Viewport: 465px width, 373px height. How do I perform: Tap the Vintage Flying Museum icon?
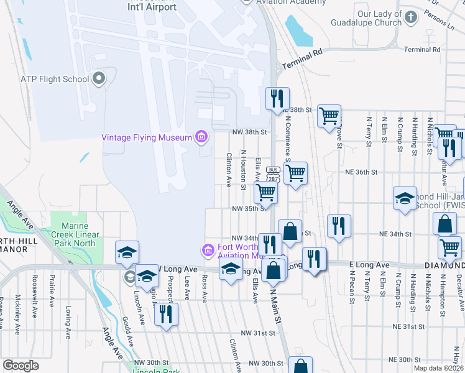[x=201, y=137]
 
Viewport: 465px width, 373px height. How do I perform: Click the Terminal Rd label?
[x=421, y=49]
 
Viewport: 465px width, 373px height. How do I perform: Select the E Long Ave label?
[x=372, y=265]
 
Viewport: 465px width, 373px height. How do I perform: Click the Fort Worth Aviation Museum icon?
[x=208, y=250]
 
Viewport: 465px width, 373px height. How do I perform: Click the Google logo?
[x=21, y=365]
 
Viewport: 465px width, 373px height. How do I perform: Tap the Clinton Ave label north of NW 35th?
[x=229, y=170]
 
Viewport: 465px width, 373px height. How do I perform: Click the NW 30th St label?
[x=267, y=363]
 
